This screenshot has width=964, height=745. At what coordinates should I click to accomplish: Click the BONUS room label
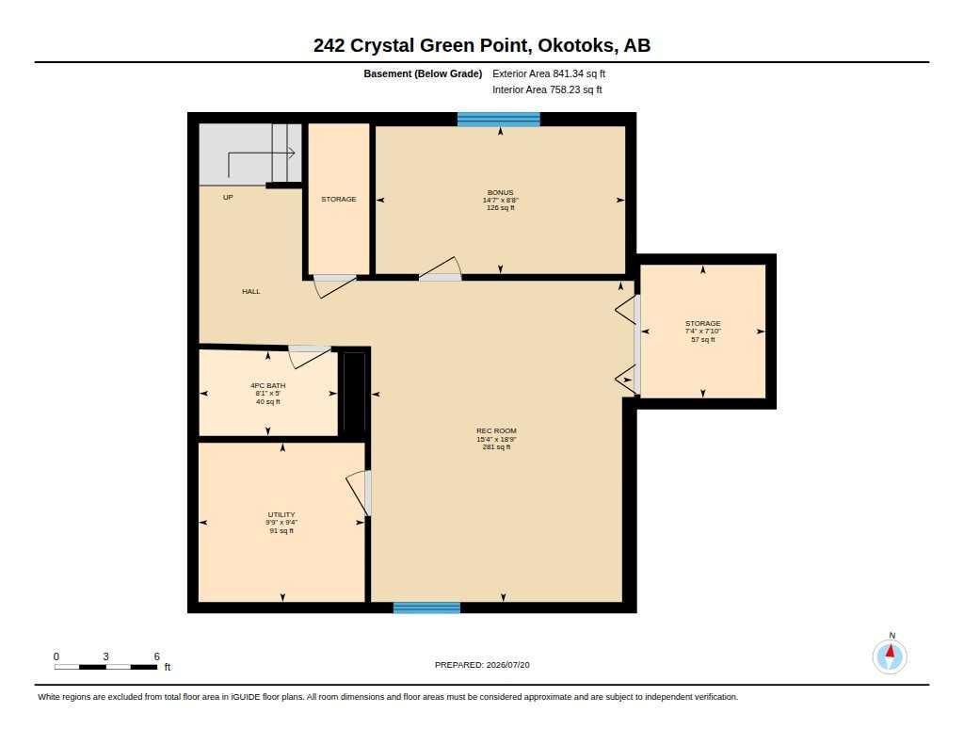pos(500,192)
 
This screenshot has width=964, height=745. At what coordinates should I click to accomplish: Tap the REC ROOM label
pos(496,431)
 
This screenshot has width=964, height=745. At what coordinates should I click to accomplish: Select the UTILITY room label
pos(281,515)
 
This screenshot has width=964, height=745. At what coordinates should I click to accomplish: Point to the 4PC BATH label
pos(268,386)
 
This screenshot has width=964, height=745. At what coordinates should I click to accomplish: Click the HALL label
pos(250,292)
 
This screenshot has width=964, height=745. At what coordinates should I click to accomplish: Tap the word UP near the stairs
pos(228,198)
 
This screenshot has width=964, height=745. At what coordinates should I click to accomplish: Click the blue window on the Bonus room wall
pos(499,120)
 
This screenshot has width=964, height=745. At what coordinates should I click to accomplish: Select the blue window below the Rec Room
pos(426,607)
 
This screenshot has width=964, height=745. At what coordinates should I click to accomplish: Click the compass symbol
pos(890,656)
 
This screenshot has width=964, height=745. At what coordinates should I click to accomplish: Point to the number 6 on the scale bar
pos(157,656)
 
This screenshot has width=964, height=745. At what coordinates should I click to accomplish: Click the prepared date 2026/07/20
pos(507,665)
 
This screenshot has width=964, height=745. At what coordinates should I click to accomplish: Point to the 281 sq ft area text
pos(496,447)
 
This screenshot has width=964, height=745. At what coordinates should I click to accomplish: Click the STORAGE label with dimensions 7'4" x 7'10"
pos(702,324)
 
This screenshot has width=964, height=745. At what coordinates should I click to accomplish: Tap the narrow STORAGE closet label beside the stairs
pos(339,200)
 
